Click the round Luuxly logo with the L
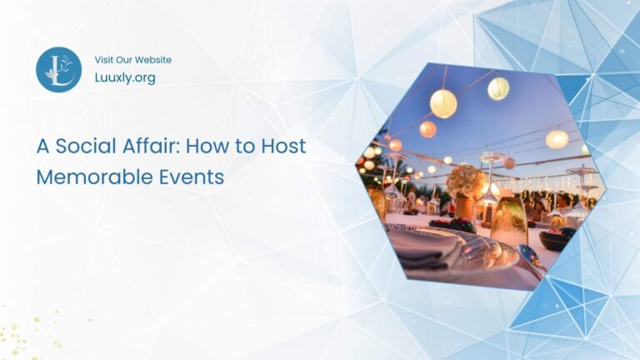click(x=58, y=69)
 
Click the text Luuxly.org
click(x=125, y=77)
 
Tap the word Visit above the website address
click(x=105, y=60)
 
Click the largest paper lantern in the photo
click(x=443, y=103)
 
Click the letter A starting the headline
click(x=42, y=147)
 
